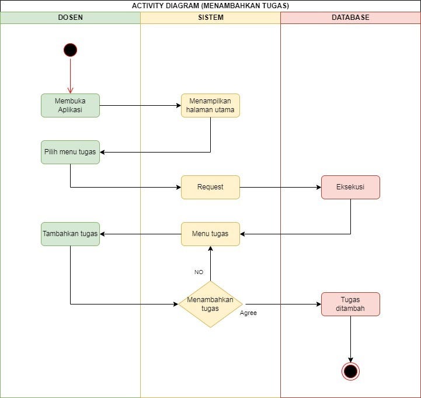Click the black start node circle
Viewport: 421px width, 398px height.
click(70, 50)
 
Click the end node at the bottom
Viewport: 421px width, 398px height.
click(350, 371)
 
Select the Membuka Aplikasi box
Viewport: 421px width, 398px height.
click(70, 106)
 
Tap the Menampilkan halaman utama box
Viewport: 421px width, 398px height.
click(210, 106)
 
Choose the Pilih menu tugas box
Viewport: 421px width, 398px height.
click(70, 152)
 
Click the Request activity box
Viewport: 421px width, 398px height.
click(210, 187)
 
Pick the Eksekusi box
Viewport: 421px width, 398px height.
click(350, 187)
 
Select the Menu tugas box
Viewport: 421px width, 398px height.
click(210, 234)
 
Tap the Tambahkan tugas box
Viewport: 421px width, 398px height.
click(70, 234)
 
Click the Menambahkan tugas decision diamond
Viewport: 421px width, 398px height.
click(210, 304)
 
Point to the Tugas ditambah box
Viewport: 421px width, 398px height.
click(350, 304)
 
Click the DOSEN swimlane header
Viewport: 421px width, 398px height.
click(70, 18)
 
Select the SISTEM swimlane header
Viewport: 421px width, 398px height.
click(210, 18)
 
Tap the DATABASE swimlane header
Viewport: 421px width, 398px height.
click(350, 18)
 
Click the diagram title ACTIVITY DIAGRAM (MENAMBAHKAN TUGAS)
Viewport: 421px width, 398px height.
click(210, 6)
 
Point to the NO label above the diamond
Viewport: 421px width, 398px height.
click(199, 272)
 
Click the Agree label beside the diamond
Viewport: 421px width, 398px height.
click(248, 313)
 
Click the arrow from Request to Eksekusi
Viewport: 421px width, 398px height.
click(280, 187)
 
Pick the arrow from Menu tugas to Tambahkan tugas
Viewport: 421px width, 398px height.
click(140, 234)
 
